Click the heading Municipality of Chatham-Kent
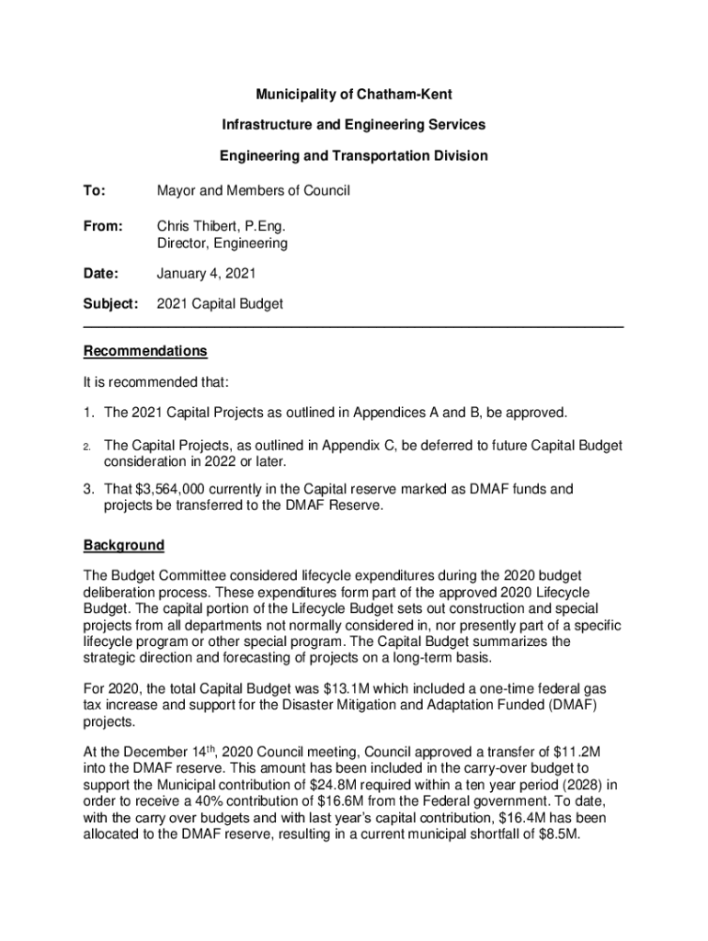354,95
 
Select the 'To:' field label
95,191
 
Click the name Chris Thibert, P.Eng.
214,225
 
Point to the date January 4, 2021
206,273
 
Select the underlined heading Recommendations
145,351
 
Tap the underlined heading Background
124,546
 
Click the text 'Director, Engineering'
222,244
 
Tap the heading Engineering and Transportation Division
354,155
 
